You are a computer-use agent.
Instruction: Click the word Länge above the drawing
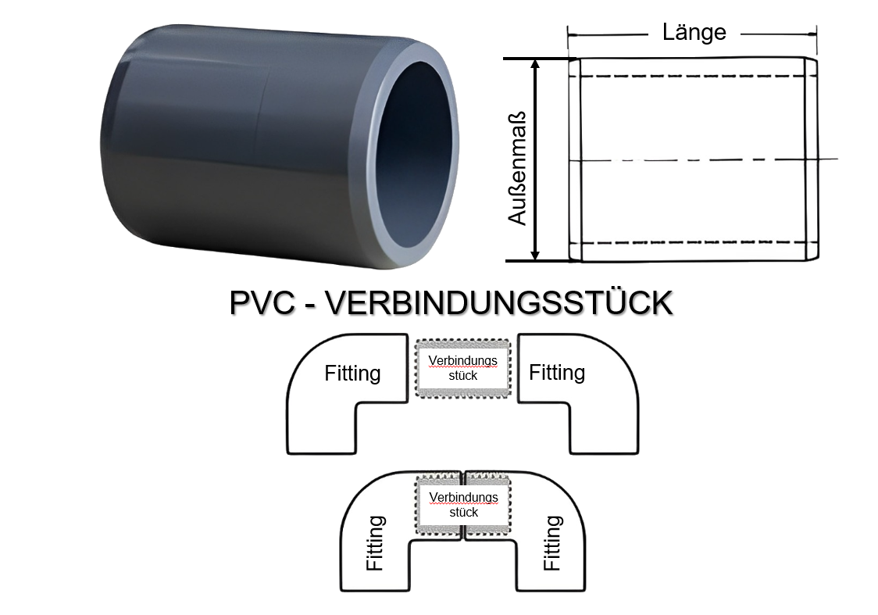tap(694, 32)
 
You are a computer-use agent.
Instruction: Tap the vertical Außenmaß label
tap(518, 167)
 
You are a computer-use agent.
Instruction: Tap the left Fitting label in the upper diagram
tap(352, 374)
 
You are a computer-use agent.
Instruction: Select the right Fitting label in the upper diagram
tap(557, 372)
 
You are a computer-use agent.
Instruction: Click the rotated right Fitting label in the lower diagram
tap(551, 542)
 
